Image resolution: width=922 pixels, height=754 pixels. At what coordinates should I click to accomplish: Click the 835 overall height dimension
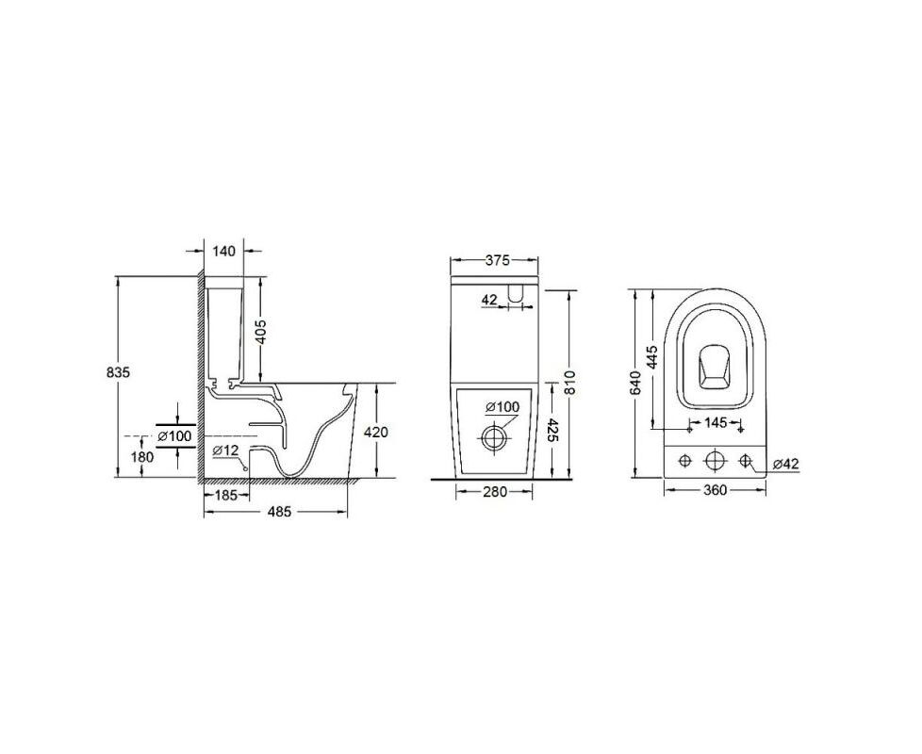click(118, 372)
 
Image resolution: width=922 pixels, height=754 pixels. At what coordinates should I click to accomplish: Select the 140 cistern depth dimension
click(223, 252)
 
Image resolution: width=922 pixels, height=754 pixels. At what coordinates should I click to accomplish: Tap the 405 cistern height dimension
click(261, 332)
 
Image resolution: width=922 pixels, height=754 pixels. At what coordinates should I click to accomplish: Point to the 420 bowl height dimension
click(376, 432)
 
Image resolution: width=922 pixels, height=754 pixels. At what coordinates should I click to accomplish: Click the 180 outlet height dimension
click(141, 456)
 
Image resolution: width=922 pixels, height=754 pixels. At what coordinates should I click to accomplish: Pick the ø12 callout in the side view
click(226, 451)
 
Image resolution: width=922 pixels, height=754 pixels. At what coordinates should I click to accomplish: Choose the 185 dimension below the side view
click(226, 496)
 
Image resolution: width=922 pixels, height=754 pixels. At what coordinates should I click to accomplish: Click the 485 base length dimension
click(279, 512)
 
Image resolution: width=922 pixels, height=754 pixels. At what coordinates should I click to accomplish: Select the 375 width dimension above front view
click(498, 260)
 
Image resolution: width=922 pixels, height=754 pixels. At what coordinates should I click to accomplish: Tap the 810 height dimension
click(568, 384)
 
